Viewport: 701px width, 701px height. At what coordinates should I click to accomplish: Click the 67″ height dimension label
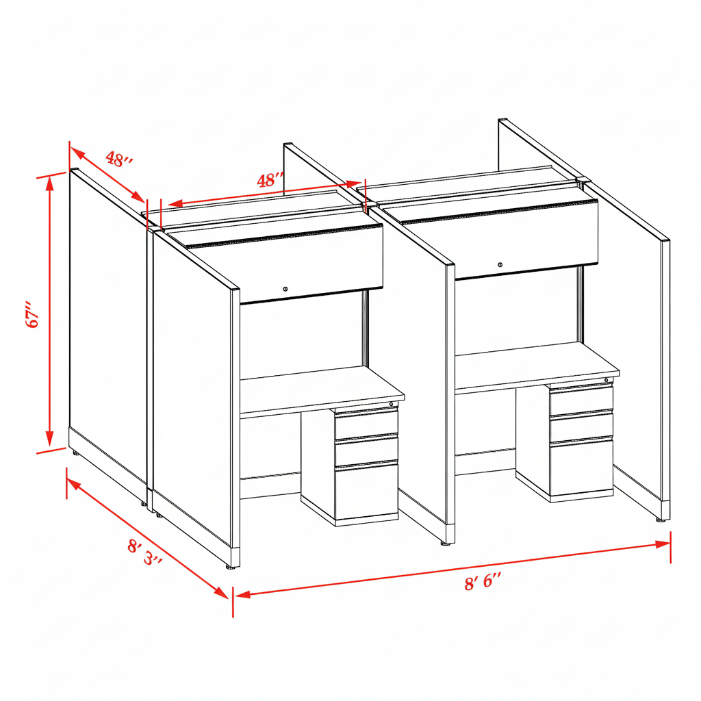(x=33, y=315)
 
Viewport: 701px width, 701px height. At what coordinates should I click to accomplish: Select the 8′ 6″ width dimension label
(x=483, y=582)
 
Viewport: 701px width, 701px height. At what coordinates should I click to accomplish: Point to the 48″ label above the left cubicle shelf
(x=270, y=180)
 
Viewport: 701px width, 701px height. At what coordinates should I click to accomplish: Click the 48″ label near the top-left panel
(x=119, y=159)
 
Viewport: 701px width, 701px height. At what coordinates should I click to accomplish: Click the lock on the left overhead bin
(x=285, y=290)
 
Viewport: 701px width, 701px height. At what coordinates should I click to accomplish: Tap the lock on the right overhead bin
(x=500, y=265)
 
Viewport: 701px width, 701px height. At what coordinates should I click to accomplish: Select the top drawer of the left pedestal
(x=366, y=424)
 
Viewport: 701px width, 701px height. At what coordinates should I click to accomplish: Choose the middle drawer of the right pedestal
(x=581, y=428)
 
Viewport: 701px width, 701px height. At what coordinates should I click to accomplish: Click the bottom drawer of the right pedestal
(x=581, y=467)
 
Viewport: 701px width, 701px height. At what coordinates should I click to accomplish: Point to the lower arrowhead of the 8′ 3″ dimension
(x=221, y=591)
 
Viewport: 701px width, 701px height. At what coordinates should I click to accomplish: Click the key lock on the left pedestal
(x=391, y=404)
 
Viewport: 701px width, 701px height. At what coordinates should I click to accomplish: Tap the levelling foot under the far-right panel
(x=661, y=520)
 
